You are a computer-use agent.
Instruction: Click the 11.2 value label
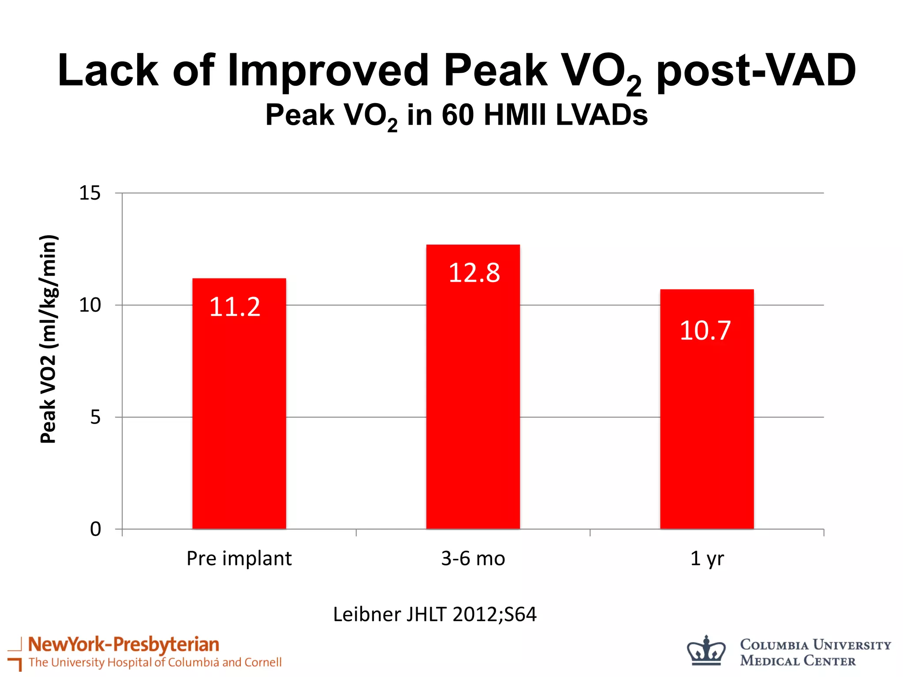(235, 307)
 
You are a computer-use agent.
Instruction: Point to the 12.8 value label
(474, 272)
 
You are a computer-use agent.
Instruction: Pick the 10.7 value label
(705, 330)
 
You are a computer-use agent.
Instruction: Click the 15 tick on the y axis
(90, 193)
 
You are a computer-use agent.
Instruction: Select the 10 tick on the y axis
(90, 305)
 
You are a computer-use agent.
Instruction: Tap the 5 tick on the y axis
(95, 417)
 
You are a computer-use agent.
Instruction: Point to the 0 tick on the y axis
(95, 529)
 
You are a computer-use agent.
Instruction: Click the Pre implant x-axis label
(239, 558)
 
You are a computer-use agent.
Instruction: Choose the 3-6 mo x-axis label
(473, 558)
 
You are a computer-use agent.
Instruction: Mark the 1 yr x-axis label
(706, 558)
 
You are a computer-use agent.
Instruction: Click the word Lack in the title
(108, 71)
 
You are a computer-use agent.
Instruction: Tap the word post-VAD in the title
(756, 71)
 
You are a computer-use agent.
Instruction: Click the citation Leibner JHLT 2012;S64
(435, 614)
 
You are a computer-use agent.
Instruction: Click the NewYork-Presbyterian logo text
(123, 644)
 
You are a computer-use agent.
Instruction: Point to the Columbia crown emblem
(706, 651)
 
